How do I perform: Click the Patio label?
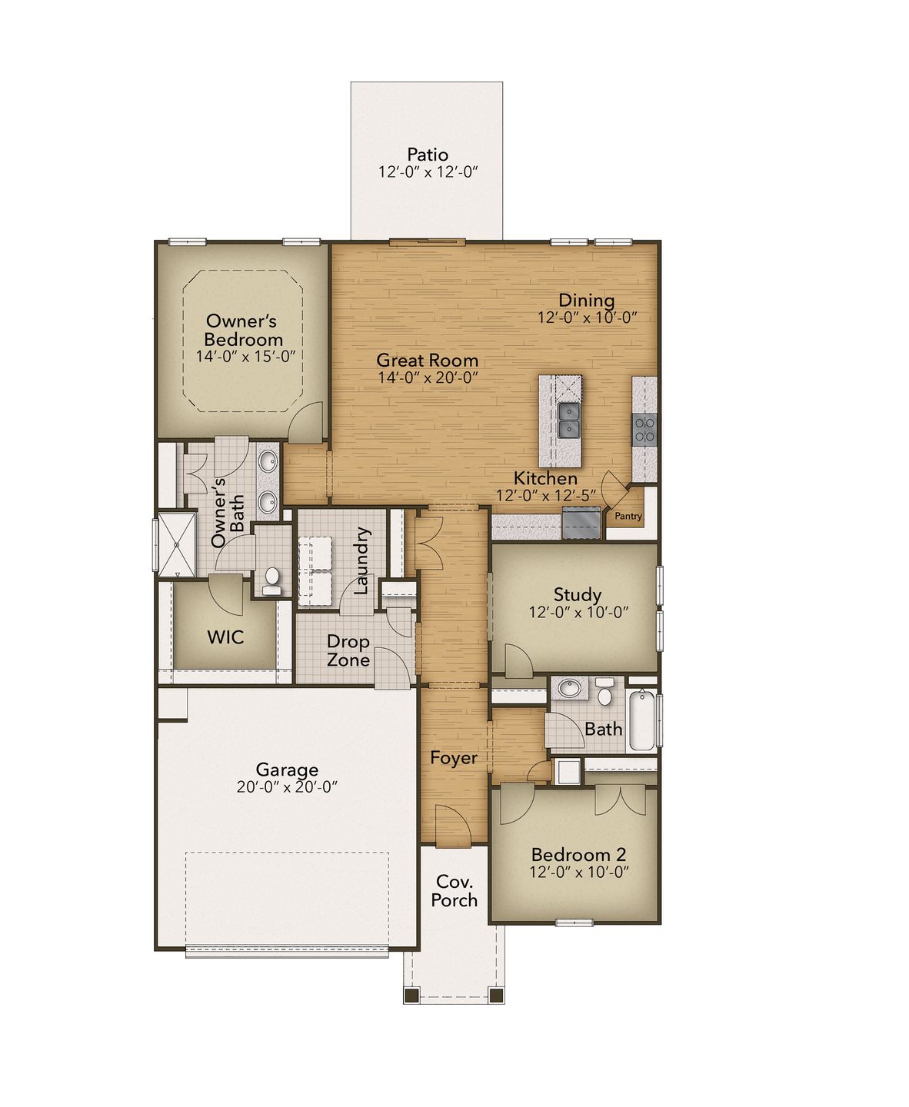[x=428, y=155]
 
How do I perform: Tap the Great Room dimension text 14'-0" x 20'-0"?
[x=428, y=377]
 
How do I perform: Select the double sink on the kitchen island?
[x=570, y=420]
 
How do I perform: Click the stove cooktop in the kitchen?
[x=644, y=428]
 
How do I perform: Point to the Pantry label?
[x=628, y=517]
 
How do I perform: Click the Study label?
[x=578, y=594]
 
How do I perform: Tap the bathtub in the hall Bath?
[x=641, y=721]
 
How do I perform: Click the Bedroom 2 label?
[x=578, y=854]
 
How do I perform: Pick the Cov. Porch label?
[x=454, y=891]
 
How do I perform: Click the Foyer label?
[x=454, y=758]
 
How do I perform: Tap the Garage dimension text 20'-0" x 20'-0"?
[x=288, y=786]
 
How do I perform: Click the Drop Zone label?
[x=348, y=650]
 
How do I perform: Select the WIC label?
[x=225, y=637]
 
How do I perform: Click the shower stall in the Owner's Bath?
[x=176, y=544]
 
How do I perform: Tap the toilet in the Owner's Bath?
[x=271, y=581]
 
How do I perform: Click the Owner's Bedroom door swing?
[x=309, y=421]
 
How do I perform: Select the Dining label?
[x=586, y=300]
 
